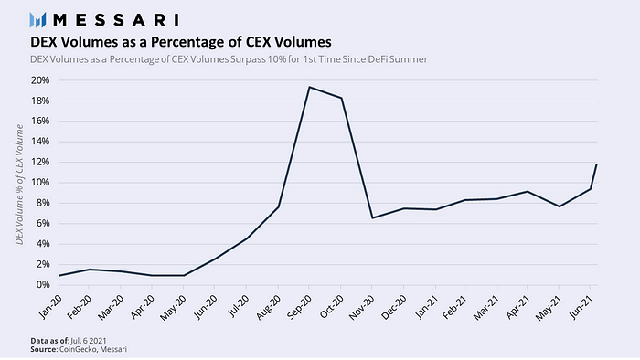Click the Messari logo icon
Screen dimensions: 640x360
tap(38, 20)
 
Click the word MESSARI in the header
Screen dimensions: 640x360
tap(116, 20)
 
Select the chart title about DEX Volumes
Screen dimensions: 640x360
tap(181, 42)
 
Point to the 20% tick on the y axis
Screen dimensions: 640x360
tap(40, 80)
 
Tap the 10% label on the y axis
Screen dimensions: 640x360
tap(40, 182)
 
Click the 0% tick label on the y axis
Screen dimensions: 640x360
tap(43, 284)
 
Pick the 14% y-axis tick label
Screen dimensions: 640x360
tap(40, 142)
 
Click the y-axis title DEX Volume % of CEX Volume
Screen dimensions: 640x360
tap(19, 185)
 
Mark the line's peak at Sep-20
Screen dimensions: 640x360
tap(309, 87)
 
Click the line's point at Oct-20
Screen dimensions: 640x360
tap(341, 98)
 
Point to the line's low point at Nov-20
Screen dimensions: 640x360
tap(372, 217)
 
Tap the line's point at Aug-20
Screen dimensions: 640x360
tap(278, 207)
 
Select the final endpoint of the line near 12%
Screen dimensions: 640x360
tap(597, 164)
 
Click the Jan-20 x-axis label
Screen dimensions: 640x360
tap(50, 307)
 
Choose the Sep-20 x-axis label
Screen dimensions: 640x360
tap(300, 307)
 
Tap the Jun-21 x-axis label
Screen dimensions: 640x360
tap(581, 307)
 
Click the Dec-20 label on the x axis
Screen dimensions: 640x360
tap(394, 307)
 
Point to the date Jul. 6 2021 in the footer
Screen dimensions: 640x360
tap(89, 341)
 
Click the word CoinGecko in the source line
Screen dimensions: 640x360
tap(78, 349)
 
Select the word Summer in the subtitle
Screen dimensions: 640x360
tap(408, 59)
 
